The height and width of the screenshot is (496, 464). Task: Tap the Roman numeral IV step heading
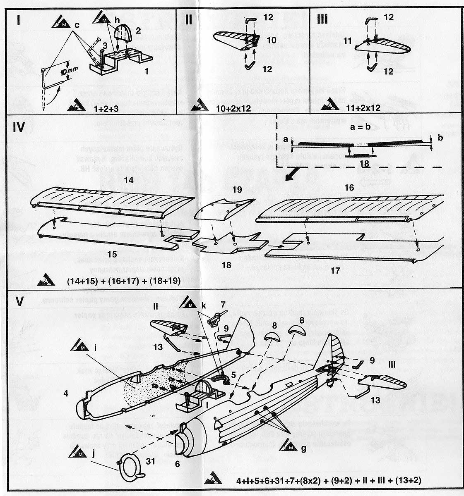(20, 127)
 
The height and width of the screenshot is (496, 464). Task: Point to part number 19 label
(236, 191)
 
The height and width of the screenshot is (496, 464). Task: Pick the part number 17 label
(335, 271)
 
